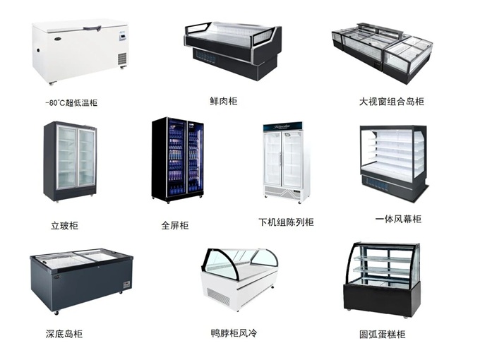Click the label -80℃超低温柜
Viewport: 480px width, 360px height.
click(x=71, y=102)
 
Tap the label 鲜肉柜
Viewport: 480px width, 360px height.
click(x=224, y=101)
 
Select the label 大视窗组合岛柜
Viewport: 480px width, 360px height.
click(x=392, y=102)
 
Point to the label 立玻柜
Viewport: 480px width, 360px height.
click(x=65, y=226)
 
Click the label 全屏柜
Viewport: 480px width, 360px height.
click(x=175, y=225)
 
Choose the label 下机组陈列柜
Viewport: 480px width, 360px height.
click(x=286, y=222)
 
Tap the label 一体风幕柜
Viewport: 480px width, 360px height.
click(x=398, y=219)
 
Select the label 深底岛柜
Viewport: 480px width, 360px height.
click(x=64, y=334)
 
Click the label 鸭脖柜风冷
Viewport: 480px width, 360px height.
click(x=234, y=332)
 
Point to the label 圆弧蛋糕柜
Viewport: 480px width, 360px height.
click(x=383, y=334)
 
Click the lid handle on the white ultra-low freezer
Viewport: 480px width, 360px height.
click(x=92, y=29)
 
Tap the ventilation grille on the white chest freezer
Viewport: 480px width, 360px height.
click(x=122, y=59)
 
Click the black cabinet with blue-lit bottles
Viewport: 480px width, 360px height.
click(x=178, y=160)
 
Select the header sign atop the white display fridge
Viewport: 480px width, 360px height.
click(x=283, y=126)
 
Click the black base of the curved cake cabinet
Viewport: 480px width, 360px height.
click(x=381, y=299)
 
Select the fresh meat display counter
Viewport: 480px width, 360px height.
click(x=233, y=51)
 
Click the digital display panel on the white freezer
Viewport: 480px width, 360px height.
click(x=122, y=37)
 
